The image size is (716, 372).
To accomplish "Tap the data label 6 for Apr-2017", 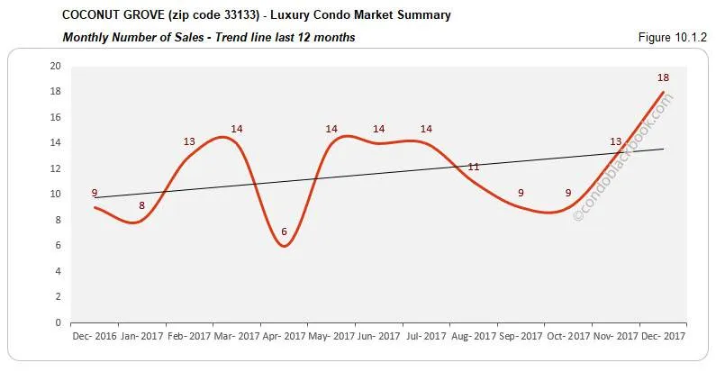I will click(284, 231).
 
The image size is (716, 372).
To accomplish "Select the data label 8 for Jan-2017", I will click(141, 206).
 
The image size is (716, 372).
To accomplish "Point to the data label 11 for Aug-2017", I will click(473, 168).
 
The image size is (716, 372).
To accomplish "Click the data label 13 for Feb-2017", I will click(189, 142).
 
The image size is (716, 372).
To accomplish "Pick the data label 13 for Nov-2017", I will click(615, 142).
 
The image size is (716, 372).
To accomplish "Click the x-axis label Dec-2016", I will click(94, 337).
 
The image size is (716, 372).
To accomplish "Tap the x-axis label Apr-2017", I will click(284, 337).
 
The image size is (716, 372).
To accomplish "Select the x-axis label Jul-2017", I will click(426, 337).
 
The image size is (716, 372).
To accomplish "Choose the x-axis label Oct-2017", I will click(567, 337).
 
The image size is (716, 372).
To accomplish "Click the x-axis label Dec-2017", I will click(663, 337).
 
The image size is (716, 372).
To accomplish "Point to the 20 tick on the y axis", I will click(55, 67).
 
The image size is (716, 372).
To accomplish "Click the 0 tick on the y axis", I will click(58, 322).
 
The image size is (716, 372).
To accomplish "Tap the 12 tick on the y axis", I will click(55, 169).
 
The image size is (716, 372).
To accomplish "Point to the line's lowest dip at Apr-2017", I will click(284, 246).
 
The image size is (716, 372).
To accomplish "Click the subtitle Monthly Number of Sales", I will click(131, 37).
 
